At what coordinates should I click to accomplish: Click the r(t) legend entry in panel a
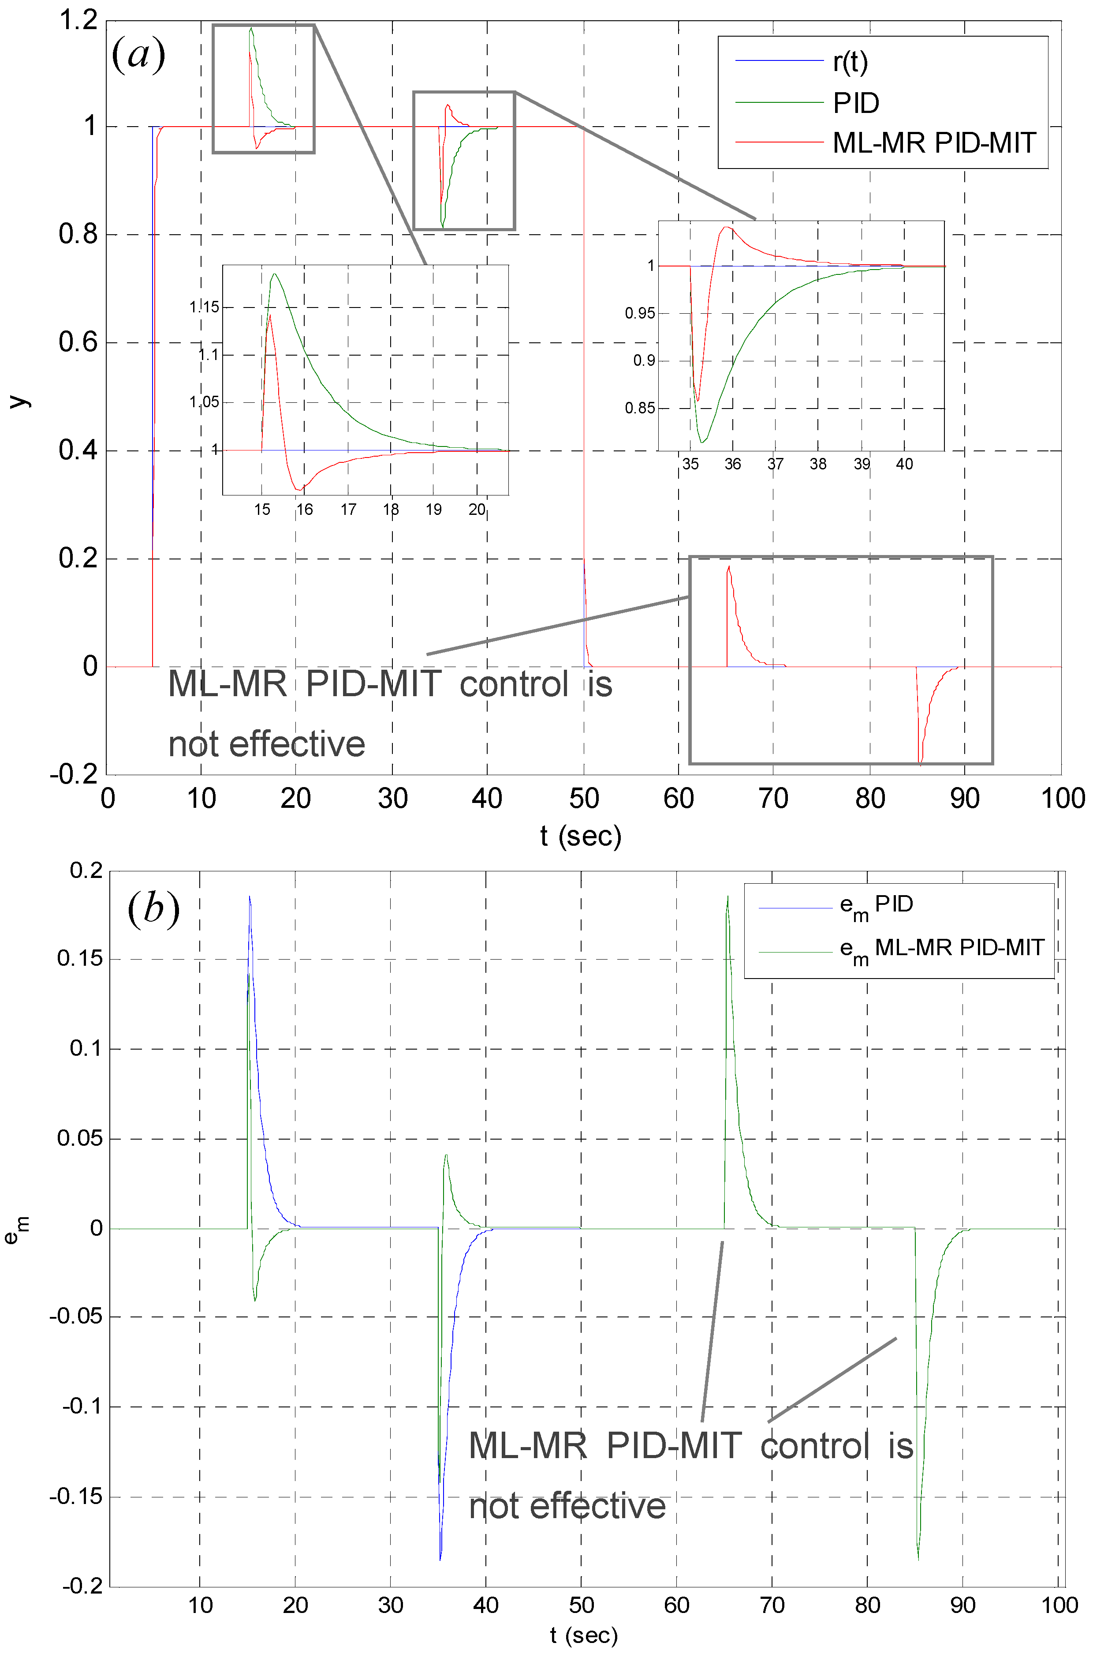tap(850, 63)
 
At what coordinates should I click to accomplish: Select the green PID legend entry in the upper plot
tap(856, 103)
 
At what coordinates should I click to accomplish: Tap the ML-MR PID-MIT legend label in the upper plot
tap(934, 143)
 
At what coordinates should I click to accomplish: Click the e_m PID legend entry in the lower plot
tap(876, 906)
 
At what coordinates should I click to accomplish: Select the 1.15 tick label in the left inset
tap(204, 307)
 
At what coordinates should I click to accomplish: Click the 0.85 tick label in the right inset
tap(639, 408)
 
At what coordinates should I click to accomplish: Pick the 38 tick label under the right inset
tap(818, 464)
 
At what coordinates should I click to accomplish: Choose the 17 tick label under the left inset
tap(348, 510)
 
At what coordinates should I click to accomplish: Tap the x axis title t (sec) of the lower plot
tap(583, 1635)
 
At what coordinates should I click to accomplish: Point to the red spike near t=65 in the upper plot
tap(728, 567)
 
